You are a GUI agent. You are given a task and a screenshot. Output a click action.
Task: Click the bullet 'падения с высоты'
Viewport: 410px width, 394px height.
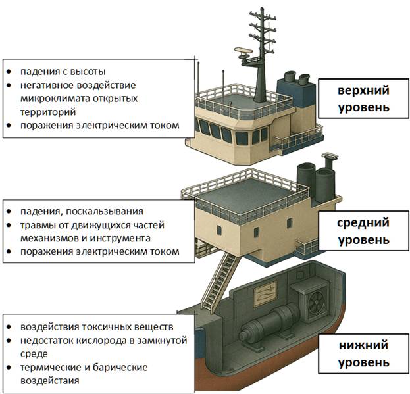[63, 71]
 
